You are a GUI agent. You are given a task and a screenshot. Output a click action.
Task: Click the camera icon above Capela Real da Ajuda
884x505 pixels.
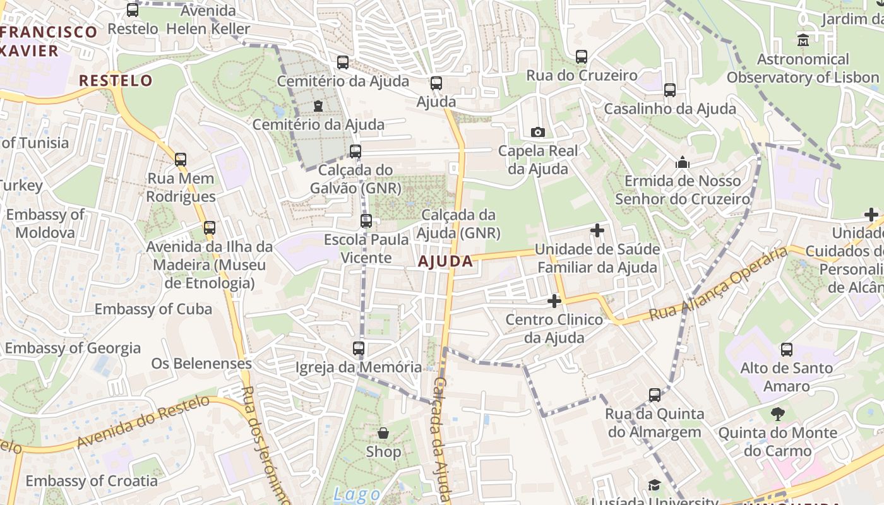(x=538, y=132)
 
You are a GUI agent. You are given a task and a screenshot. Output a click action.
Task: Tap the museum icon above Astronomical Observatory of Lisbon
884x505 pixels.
(x=803, y=40)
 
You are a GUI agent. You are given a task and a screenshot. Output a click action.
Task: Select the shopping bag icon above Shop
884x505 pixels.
(x=383, y=433)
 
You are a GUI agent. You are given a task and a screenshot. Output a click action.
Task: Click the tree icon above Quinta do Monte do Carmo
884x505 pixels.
(x=777, y=414)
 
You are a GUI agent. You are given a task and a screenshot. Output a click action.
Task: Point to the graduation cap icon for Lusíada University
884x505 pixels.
(x=654, y=485)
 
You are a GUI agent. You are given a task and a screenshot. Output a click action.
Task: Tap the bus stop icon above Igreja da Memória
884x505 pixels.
(x=358, y=348)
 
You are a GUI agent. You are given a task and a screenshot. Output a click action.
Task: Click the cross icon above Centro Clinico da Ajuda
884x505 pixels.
(x=554, y=301)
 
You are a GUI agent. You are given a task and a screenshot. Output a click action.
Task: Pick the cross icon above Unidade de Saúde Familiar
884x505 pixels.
(x=597, y=230)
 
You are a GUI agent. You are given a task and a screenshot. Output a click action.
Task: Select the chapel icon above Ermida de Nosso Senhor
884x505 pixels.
(x=682, y=163)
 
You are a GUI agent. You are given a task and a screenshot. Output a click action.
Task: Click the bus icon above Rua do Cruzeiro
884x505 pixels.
(x=582, y=57)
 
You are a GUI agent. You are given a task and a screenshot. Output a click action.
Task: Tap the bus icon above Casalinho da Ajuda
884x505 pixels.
(x=670, y=90)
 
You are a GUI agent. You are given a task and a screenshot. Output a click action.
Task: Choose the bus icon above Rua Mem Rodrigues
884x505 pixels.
(x=181, y=160)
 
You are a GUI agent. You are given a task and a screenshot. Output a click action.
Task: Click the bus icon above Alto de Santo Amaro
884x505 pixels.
(x=786, y=349)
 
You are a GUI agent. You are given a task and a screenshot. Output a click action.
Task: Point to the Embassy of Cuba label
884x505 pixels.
(x=153, y=309)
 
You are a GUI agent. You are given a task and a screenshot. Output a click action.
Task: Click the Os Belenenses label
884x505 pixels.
(x=201, y=364)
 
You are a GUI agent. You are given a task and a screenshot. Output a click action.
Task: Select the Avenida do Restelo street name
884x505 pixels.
(x=143, y=422)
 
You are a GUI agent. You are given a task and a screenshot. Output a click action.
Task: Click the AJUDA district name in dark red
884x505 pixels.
(x=445, y=261)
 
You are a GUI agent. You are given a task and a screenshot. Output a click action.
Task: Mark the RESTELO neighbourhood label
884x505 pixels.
(x=116, y=80)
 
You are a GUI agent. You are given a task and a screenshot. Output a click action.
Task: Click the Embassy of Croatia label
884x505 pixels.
(x=92, y=481)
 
